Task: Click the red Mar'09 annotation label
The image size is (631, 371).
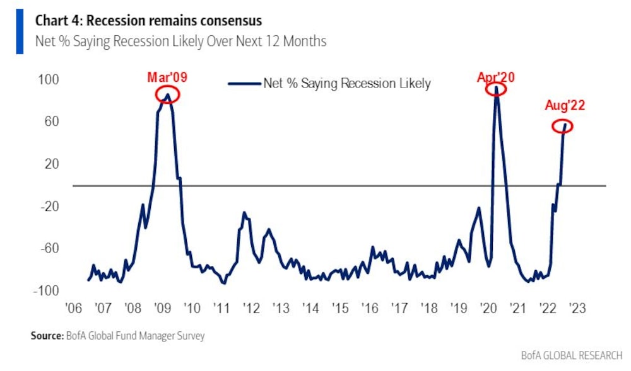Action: (167, 77)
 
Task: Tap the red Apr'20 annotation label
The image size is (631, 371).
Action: (496, 77)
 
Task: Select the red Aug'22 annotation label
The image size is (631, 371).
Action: (565, 105)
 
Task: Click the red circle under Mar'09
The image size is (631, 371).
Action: (167, 94)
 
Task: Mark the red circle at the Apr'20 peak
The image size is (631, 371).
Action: (497, 89)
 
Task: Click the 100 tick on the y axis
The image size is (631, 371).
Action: (51, 79)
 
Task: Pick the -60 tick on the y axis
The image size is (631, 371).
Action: (49, 248)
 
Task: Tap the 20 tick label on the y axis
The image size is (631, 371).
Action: (52, 164)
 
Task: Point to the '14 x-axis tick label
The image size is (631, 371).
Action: (310, 309)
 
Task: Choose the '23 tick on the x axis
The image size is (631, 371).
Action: (577, 309)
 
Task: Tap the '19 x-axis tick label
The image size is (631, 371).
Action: (459, 309)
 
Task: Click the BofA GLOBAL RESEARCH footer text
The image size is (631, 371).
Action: (572, 355)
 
